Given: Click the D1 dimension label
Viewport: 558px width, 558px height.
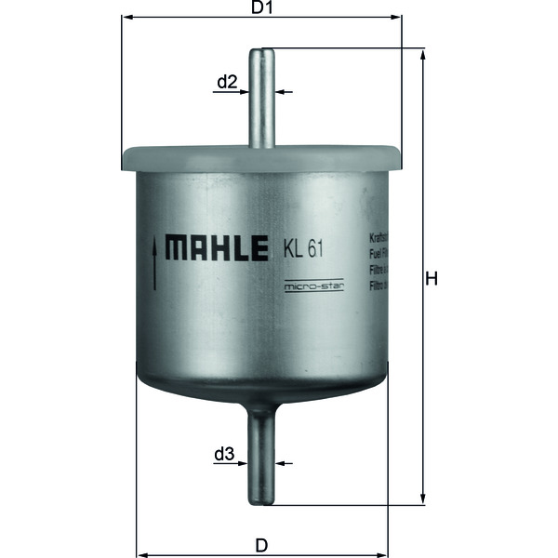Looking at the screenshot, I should point(261,8).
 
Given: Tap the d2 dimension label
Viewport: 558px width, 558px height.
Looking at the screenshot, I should point(228,83).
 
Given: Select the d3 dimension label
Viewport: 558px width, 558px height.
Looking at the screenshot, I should point(223,455).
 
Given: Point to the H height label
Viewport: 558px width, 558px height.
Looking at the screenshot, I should point(431,278).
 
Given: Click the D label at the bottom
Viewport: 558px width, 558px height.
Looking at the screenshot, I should point(262,544).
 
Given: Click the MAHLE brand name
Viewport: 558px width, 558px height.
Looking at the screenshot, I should point(217,248).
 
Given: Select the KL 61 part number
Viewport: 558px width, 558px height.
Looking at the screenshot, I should point(303,248).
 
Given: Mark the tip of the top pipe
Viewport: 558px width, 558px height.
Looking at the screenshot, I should point(263,51).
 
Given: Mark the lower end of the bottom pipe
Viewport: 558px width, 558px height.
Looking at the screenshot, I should point(263,502).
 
